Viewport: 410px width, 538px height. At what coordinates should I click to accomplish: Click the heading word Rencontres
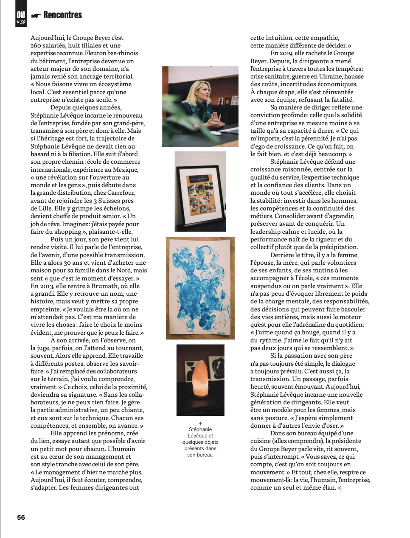pos(62,15)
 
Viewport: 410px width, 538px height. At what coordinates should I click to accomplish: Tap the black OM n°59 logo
pos(21,17)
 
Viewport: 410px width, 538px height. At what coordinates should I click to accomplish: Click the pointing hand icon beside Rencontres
pos(37,16)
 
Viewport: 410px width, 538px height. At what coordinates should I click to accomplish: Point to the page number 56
pos(21,517)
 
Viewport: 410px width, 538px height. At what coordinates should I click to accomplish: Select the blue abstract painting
pos(200,288)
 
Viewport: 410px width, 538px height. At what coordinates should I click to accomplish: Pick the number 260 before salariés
pos(36,45)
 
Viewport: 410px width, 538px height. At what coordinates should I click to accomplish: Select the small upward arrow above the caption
pos(200,423)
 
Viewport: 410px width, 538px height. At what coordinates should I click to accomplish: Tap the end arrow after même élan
pos(340,488)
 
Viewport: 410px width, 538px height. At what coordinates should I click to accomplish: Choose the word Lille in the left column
pos(47,208)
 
